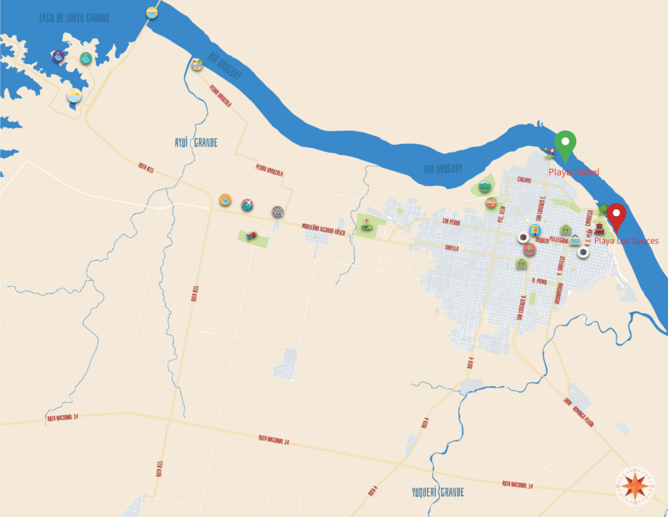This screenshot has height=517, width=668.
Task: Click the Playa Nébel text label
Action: (573, 172)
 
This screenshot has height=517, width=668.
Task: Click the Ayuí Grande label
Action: (195, 142)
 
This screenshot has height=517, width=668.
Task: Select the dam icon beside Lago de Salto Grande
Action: (153, 12)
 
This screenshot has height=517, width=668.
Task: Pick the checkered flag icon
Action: (278, 211)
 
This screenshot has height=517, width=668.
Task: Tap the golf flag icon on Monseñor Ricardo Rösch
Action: (367, 225)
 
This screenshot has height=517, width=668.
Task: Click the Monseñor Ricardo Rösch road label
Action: (323, 230)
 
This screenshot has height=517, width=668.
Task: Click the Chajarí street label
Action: (524, 179)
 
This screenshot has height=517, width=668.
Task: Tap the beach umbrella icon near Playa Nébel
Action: (550, 153)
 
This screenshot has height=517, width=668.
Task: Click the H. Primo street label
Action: (539, 281)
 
